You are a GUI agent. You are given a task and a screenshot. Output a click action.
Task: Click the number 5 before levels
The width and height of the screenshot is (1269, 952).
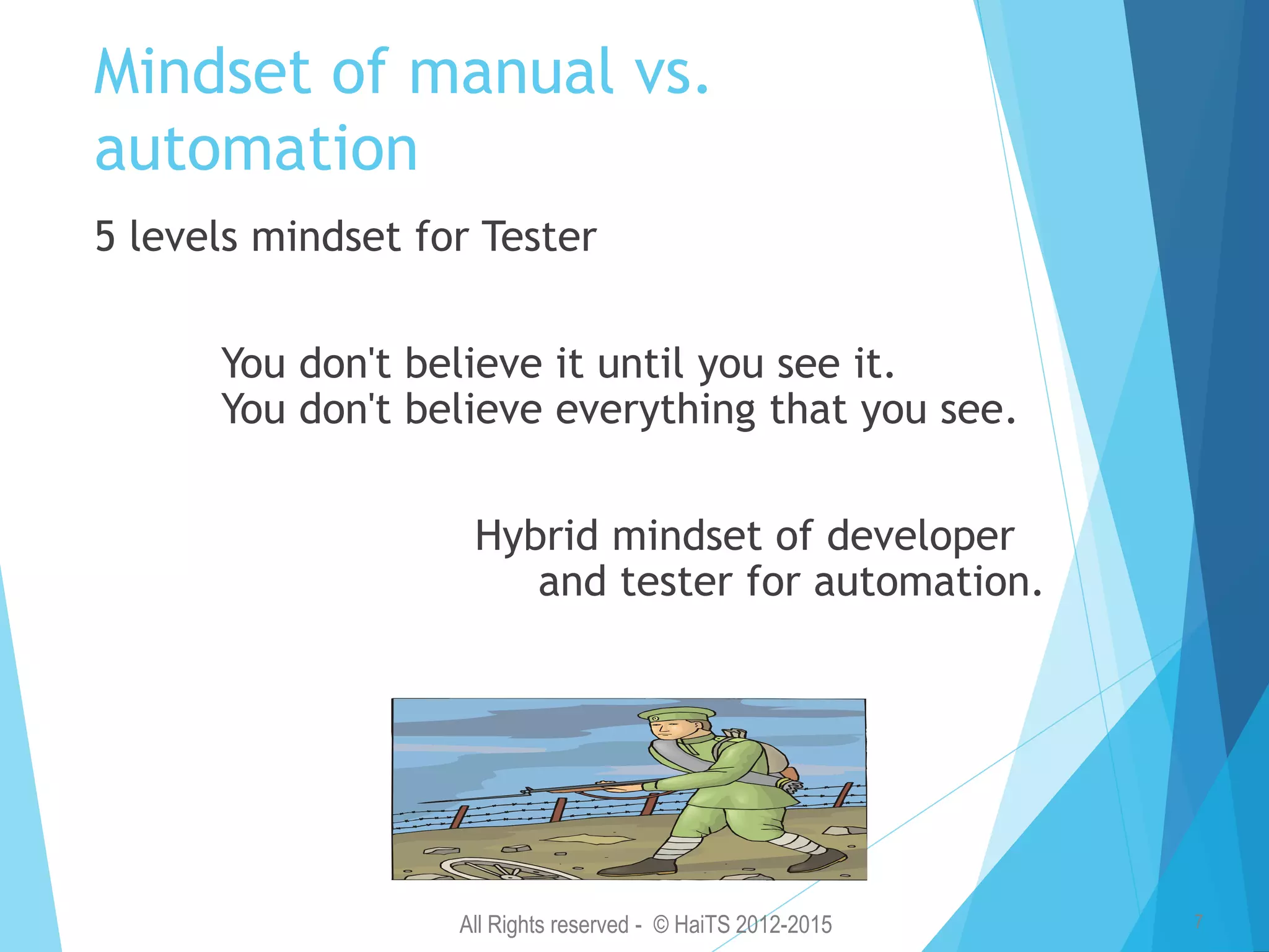[105, 237]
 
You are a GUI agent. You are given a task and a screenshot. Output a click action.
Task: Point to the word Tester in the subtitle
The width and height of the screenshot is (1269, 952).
[539, 237]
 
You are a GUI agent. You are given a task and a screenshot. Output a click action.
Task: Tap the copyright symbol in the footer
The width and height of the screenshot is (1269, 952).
[661, 925]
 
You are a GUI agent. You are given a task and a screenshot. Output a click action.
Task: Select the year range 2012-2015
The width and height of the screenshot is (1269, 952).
[784, 925]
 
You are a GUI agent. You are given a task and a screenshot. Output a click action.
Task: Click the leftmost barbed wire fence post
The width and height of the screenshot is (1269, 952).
[459, 816]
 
